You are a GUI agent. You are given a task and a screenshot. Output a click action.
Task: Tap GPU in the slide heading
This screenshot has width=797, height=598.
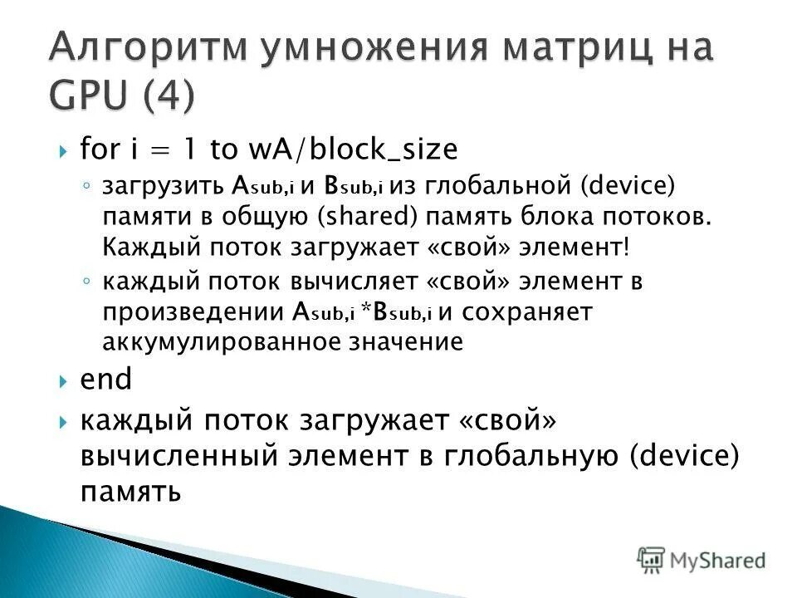pyautogui.click(x=88, y=95)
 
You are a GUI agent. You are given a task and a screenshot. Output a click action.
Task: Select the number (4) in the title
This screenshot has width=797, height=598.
pyautogui.click(x=169, y=95)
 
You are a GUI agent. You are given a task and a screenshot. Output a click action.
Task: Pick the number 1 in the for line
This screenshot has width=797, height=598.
pyautogui.click(x=189, y=149)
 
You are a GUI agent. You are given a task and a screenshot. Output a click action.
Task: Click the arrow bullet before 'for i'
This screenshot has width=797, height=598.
pyautogui.click(x=63, y=151)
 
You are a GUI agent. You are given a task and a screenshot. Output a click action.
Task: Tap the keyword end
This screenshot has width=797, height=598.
pyautogui.click(x=105, y=380)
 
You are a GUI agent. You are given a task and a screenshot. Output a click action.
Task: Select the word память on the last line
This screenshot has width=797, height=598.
pyautogui.click(x=130, y=491)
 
